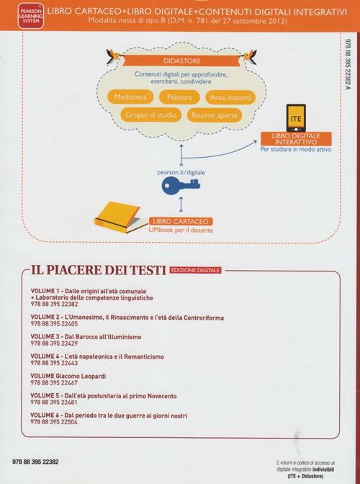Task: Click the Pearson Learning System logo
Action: click(30, 16)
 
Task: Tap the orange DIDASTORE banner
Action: click(181, 60)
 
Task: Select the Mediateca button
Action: click(130, 97)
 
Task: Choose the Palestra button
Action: click(179, 97)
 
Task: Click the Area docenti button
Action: click(230, 97)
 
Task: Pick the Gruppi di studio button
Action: click(150, 115)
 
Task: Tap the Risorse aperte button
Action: click(215, 115)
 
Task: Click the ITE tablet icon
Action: click(296, 118)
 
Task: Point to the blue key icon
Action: click(181, 185)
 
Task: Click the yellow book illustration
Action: click(119, 218)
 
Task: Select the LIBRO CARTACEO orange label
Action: click(181, 221)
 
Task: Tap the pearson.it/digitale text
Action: click(181, 173)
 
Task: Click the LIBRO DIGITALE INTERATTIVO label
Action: click(296, 139)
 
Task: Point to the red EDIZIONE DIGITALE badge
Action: click(196, 270)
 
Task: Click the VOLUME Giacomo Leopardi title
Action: click(68, 376)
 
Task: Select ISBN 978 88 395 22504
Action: click(54, 422)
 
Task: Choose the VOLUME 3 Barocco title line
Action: click(86, 337)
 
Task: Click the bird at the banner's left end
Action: click(114, 55)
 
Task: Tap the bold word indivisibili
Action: click(323, 470)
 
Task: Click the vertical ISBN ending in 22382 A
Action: click(348, 65)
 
